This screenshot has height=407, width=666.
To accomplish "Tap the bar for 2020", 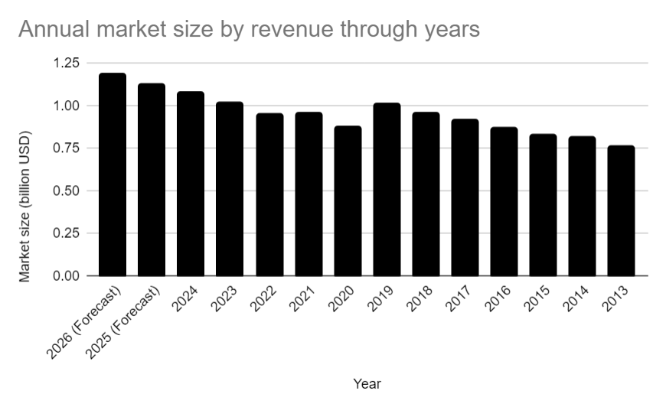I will (348, 200).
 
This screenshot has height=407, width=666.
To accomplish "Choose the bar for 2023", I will (230, 188).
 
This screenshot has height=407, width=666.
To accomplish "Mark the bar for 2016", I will (504, 201).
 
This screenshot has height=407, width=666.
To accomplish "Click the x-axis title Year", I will (367, 383).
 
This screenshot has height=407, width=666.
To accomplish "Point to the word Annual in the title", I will (49, 29).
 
